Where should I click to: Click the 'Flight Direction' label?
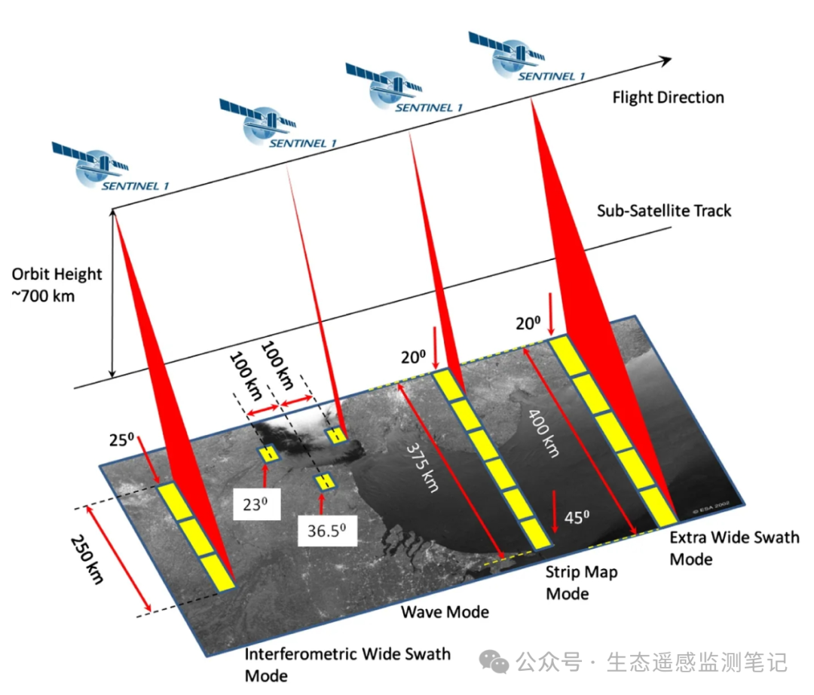click(x=668, y=97)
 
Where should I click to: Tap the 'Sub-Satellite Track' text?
click(x=663, y=210)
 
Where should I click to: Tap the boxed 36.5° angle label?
click(x=326, y=530)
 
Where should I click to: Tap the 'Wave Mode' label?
click(x=444, y=611)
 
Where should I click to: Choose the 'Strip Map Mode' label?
click(x=581, y=583)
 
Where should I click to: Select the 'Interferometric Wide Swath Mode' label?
click(x=347, y=663)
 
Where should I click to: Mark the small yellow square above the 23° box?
click(x=268, y=454)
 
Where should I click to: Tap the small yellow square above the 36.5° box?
click(x=326, y=481)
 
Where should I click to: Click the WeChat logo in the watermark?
click(x=494, y=663)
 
